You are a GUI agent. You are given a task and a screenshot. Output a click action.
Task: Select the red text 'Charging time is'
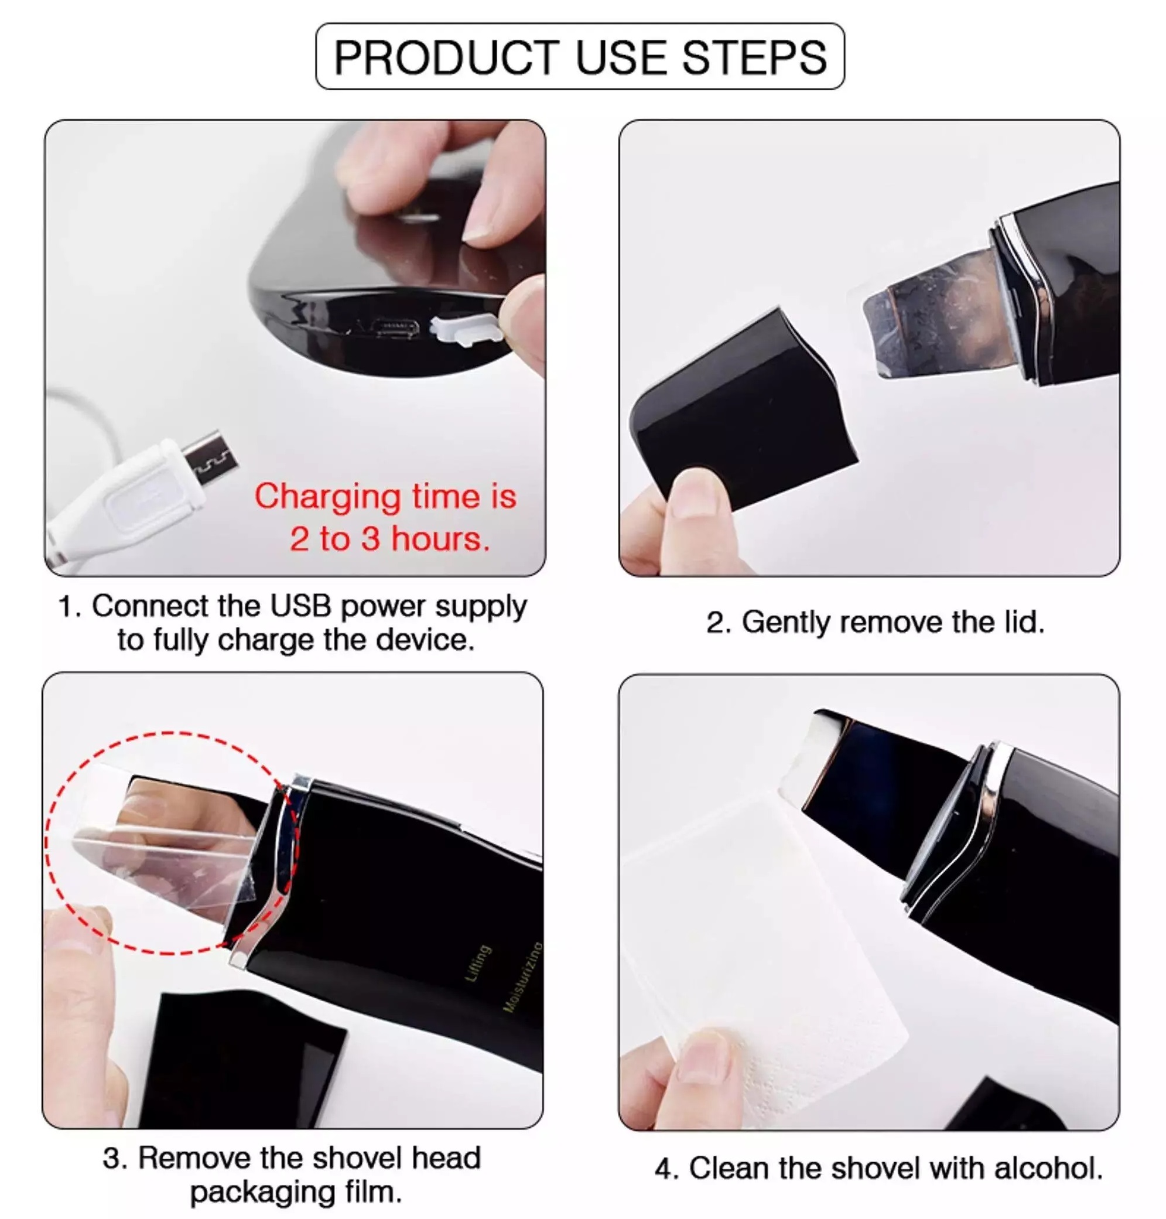point(385,497)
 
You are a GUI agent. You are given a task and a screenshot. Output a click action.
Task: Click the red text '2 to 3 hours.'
point(389,538)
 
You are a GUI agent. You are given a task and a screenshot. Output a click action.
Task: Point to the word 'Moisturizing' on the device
point(523,976)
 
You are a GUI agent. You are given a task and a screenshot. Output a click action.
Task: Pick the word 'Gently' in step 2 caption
point(785,623)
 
